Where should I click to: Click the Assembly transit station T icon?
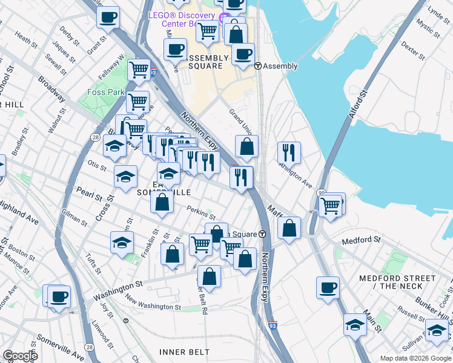257,66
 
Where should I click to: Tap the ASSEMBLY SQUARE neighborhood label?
206,62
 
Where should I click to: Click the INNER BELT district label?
184,352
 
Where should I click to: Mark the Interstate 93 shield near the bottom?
272,325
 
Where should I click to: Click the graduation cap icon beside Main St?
354,325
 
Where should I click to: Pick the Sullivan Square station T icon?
262,234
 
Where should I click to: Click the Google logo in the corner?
19,356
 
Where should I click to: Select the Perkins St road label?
201,212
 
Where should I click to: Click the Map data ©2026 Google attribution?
415,358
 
